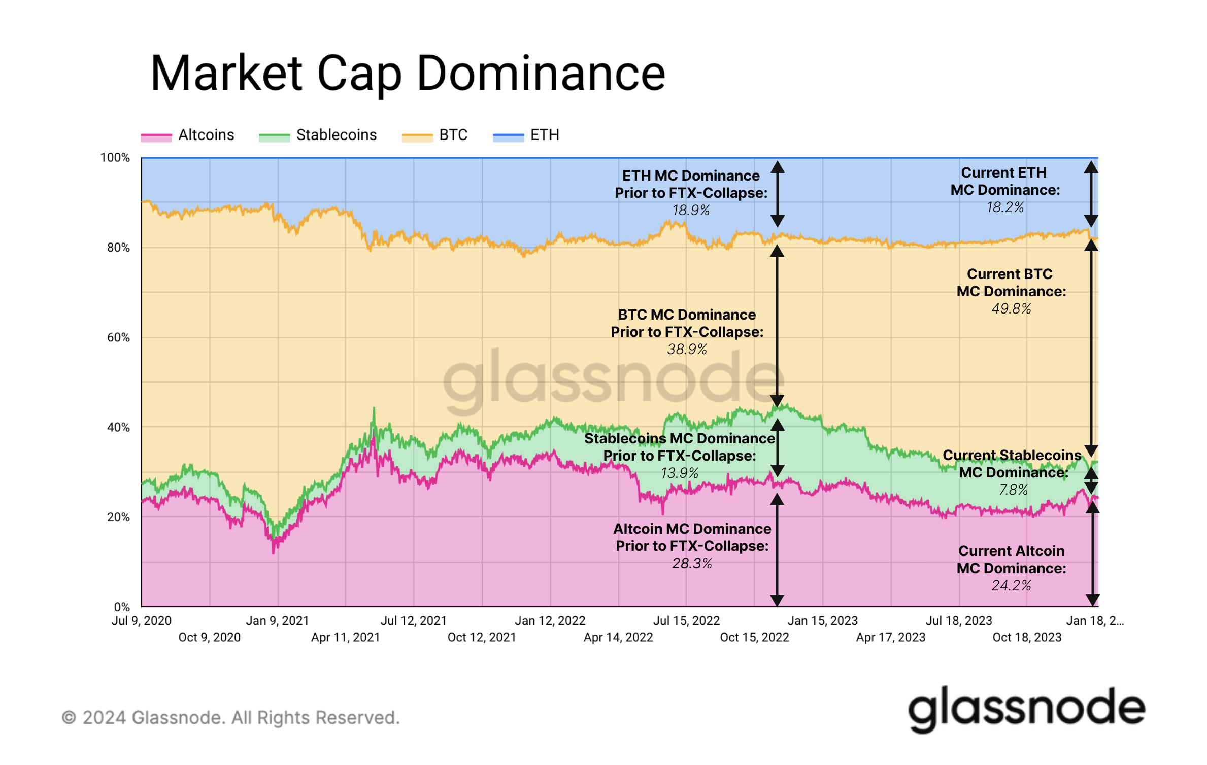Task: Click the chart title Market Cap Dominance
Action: [x=407, y=74]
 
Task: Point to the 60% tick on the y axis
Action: [x=118, y=338]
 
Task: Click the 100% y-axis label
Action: [x=115, y=158]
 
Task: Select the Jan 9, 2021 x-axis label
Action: [x=277, y=621]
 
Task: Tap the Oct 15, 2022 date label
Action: [x=754, y=638]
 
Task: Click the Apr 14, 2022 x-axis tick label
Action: [x=618, y=638]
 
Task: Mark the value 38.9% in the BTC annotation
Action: [x=687, y=350]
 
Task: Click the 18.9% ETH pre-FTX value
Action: [x=691, y=211]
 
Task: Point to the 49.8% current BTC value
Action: [x=1011, y=309]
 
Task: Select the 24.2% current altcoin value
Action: [x=1011, y=586]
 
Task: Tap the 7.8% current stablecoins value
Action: [x=1013, y=490]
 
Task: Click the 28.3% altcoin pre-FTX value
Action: [x=692, y=564]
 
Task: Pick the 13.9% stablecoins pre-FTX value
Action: [x=680, y=473]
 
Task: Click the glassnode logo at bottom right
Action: [x=1026, y=709]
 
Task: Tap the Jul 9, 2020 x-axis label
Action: [x=142, y=621]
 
